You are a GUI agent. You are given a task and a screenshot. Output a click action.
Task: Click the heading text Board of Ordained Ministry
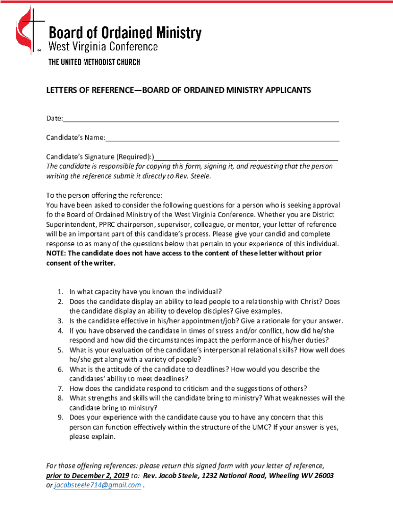coord(125,33)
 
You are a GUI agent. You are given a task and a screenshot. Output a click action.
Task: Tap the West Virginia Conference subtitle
coord(103,47)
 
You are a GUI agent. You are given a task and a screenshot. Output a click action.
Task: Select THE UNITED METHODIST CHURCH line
coord(94,62)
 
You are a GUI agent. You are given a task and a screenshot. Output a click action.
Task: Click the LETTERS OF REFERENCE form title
coord(178,90)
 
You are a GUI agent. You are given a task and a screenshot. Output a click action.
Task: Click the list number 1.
coord(60,292)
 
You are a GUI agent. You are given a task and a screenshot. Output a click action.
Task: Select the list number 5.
coord(60,350)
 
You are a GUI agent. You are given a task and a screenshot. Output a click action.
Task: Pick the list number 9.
coord(60,417)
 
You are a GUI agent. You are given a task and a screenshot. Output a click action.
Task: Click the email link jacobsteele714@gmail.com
coord(97,485)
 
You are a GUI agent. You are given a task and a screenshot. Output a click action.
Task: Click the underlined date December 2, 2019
coord(97,476)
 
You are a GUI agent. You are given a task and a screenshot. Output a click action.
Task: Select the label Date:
coord(55,119)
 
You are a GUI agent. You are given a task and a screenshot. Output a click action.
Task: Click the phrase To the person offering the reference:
coord(104,195)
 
